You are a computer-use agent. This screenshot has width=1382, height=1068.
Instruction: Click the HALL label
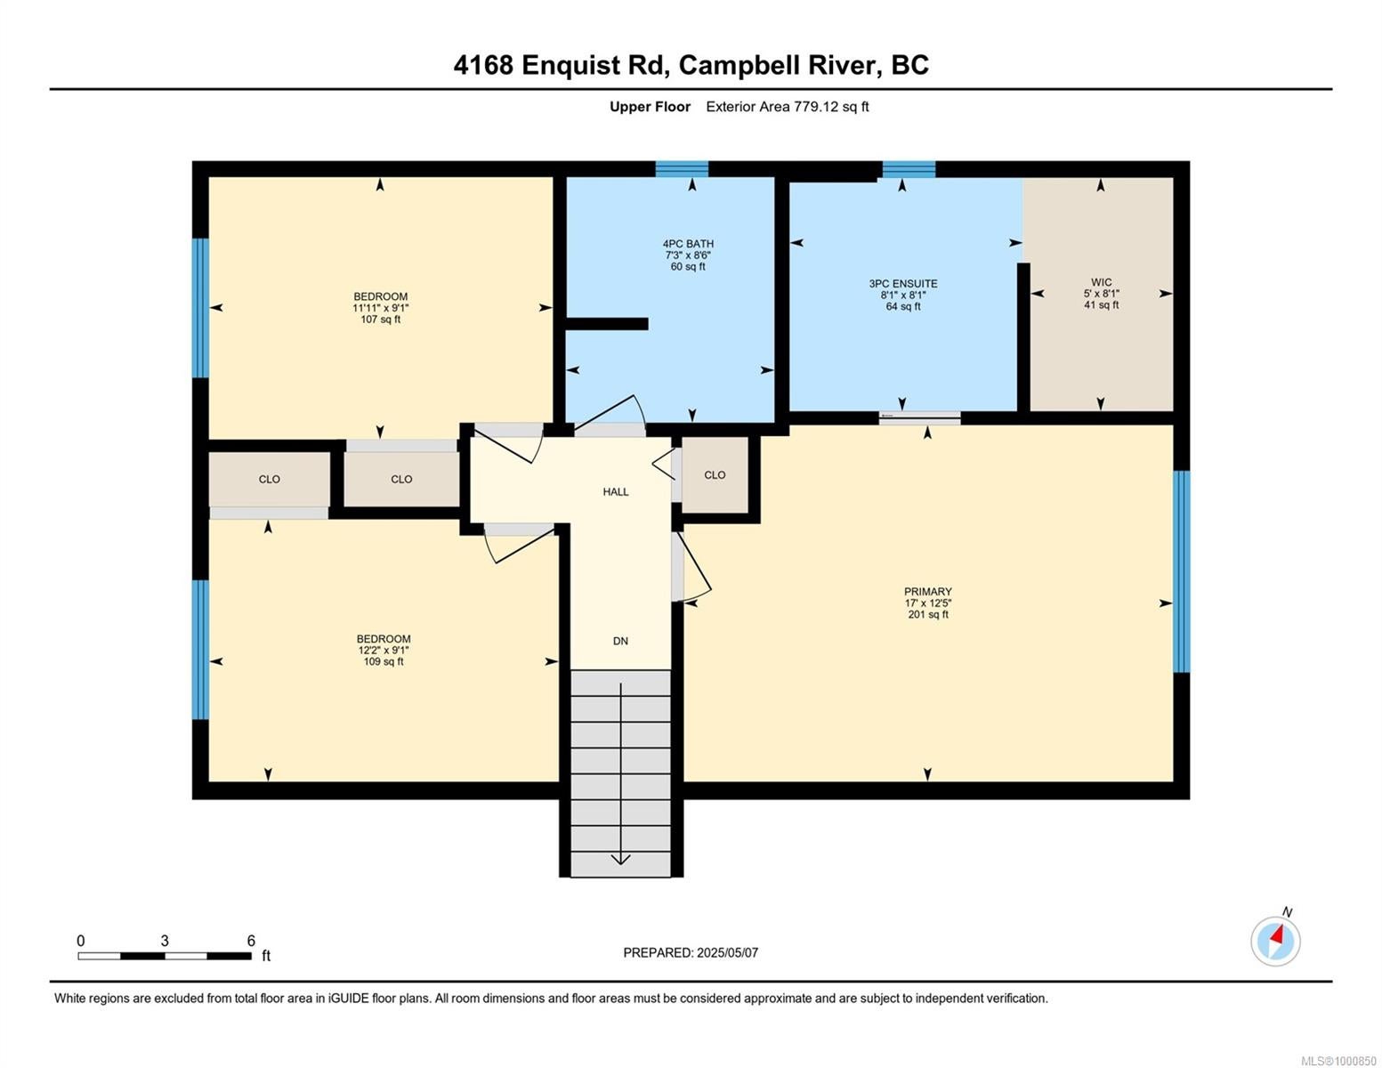pos(615,491)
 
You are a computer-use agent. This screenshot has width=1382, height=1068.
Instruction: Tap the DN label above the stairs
pos(620,641)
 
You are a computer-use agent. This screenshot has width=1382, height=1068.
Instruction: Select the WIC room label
pos(1101,282)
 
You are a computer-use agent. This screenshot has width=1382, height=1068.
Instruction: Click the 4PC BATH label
pos(688,244)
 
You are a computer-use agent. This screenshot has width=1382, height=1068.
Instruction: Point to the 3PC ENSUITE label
pos(902,284)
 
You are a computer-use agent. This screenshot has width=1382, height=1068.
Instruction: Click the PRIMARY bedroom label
pos(927,592)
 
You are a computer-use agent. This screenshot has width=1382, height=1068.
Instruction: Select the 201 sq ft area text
pos(928,614)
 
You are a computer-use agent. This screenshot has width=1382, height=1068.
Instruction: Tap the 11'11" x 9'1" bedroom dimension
pos(380,308)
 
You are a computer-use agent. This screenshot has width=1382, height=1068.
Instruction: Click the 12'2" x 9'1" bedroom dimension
pos(383,650)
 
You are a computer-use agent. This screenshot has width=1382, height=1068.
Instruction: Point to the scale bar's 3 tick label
pos(165,941)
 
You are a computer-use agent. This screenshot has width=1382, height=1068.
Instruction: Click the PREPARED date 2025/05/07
pos(727,953)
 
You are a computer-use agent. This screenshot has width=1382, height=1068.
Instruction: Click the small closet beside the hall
pos(715,474)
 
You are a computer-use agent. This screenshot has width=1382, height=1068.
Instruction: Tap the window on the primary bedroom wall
pos(1181,570)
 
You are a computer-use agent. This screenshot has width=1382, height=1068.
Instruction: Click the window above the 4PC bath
pos(682,169)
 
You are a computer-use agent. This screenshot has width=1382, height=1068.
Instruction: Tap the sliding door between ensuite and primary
pos(919,417)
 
